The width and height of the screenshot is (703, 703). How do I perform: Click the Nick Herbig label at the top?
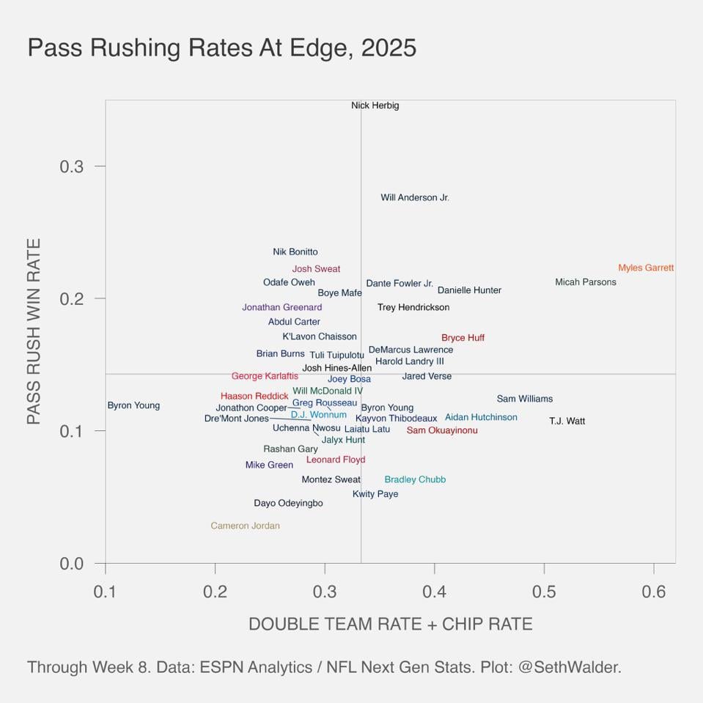(375, 106)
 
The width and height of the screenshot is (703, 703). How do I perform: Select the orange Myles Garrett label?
(645, 268)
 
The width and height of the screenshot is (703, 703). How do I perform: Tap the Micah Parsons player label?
(585, 282)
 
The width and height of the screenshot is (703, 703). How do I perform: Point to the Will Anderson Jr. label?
(414, 198)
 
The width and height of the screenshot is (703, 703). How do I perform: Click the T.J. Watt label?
(567, 422)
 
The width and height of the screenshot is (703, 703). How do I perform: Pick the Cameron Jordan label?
(245, 526)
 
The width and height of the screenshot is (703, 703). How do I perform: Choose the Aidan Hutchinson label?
(481, 417)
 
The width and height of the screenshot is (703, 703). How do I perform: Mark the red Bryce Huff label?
(463, 338)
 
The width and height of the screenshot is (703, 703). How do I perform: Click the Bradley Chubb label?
(415, 479)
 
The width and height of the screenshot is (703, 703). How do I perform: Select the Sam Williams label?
(524, 399)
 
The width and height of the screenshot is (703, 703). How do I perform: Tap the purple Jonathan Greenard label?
(281, 307)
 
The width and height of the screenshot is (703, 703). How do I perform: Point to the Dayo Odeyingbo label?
(288, 504)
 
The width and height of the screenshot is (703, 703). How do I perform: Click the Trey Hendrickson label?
(413, 307)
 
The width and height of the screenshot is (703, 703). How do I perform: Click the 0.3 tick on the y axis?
(72, 166)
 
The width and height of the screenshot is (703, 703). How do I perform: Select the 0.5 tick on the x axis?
(544, 592)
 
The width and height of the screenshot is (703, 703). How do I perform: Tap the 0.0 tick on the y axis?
(72, 564)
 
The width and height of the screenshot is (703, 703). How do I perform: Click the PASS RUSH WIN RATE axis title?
(34, 331)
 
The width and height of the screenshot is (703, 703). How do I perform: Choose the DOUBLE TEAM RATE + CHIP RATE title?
(390, 624)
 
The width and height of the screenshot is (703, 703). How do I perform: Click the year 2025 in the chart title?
(389, 48)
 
